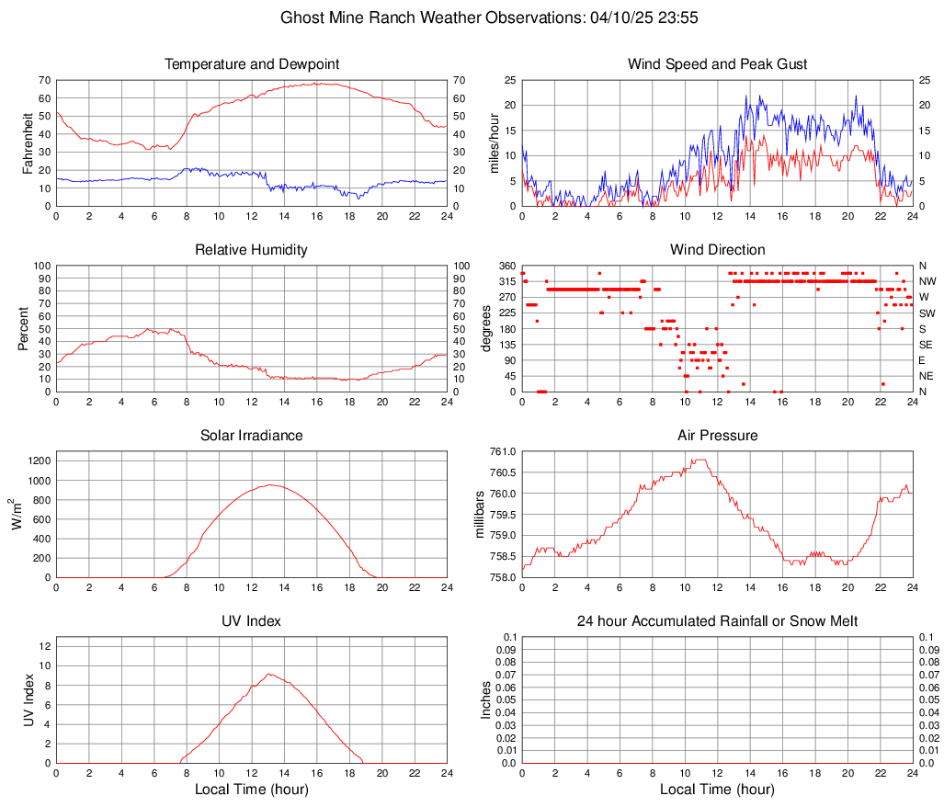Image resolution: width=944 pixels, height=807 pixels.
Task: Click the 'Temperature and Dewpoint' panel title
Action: click(252, 64)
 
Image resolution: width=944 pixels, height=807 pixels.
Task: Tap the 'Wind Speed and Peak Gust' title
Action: click(718, 64)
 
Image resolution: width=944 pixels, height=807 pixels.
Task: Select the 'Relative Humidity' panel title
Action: click(252, 250)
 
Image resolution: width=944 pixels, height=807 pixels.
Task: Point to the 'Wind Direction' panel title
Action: click(718, 250)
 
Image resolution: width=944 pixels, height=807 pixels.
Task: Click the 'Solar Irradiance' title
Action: click(252, 436)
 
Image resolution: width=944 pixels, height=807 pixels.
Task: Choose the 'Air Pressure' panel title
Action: click(718, 436)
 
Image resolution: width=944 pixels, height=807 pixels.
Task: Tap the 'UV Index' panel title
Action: click(252, 621)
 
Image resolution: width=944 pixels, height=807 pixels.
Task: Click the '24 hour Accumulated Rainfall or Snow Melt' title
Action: click(718, 621)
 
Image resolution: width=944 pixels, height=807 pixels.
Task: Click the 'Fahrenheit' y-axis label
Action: click(28, 142)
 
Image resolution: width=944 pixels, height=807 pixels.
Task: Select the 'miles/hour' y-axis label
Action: click(494, 142)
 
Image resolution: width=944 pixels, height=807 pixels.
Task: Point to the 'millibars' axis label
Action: click(479, 514)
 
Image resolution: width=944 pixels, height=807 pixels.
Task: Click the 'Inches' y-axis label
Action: click(486, 699)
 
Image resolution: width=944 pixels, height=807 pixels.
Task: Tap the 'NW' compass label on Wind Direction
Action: click(927, 281)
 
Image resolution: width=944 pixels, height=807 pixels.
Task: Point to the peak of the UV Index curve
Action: click(268, 674)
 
